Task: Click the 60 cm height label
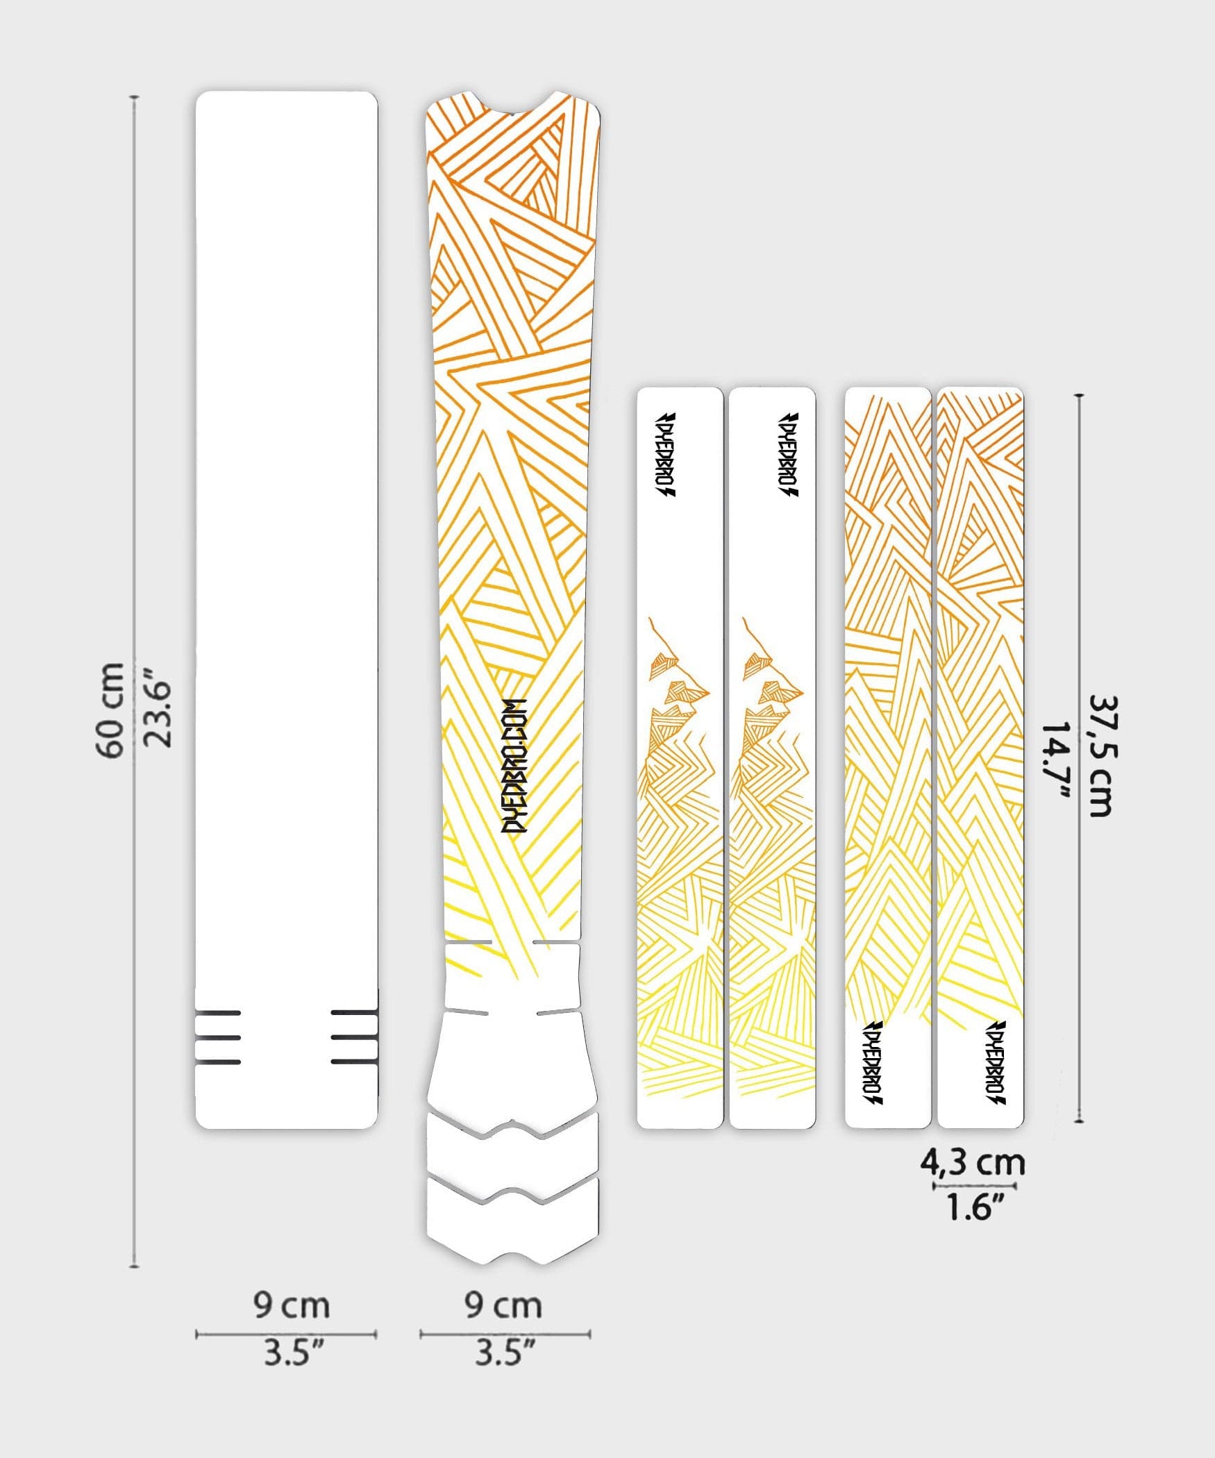(x=111, y=710)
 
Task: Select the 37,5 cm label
(x=1101, y=756)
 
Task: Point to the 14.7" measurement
(x=1057, y=760)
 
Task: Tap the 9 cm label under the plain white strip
(x=291, y=1305)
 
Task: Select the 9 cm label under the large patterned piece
(x=503, y=1305)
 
